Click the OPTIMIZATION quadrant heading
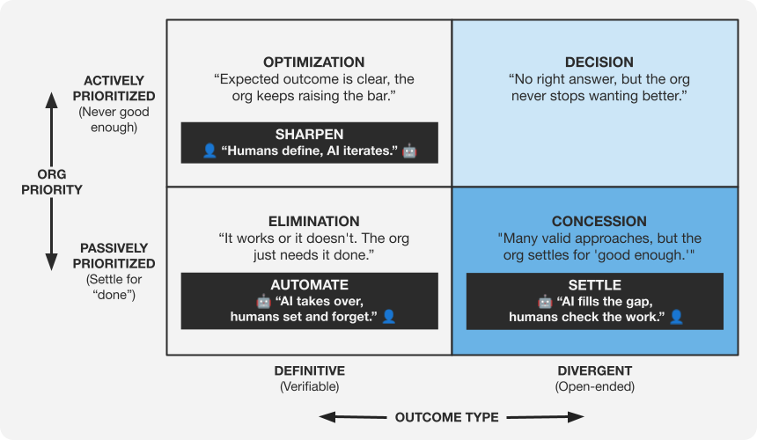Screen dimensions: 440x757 (313, 62)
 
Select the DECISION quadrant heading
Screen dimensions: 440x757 (599, 62)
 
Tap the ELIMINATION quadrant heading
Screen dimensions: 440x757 (313, 222)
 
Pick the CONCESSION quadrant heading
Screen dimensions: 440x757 (599, 222)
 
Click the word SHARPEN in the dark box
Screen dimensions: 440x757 (309, 135)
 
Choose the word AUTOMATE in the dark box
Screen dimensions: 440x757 (309, 285)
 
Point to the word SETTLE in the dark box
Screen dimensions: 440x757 (595, 285)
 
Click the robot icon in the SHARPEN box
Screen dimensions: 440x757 (409, 151)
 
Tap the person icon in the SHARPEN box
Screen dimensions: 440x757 (209, 151)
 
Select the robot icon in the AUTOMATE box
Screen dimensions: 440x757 (263, 301)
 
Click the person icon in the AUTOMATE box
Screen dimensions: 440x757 (388, 316)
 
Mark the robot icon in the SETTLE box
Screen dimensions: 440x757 (545, 301)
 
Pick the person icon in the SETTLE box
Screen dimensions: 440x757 (676, 316)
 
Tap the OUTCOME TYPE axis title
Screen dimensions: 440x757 (446, 417)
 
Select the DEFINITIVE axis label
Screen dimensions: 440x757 (309, 370)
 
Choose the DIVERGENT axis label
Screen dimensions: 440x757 (595, 370)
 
